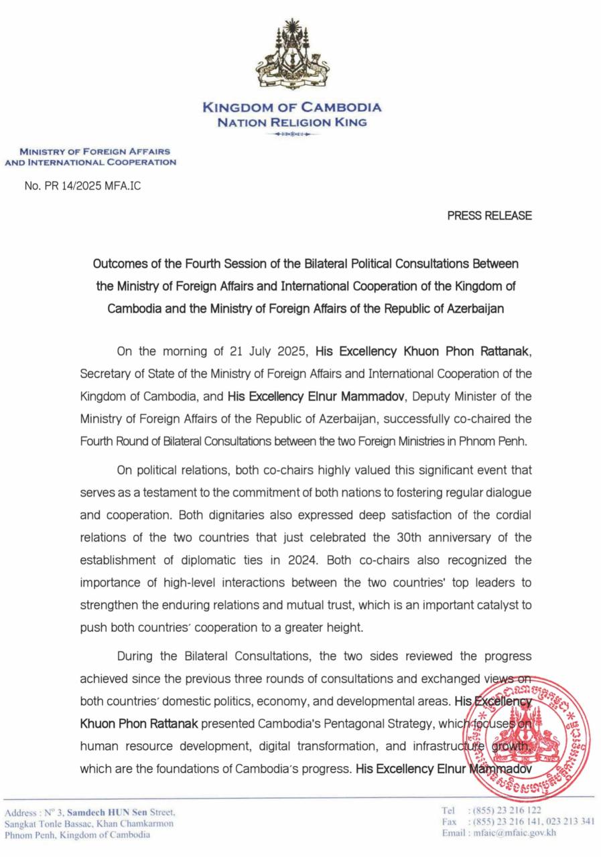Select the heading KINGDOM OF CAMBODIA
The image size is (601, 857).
click(292, 107)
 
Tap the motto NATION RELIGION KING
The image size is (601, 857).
click(292, 123)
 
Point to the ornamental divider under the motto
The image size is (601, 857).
click(292, 135)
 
